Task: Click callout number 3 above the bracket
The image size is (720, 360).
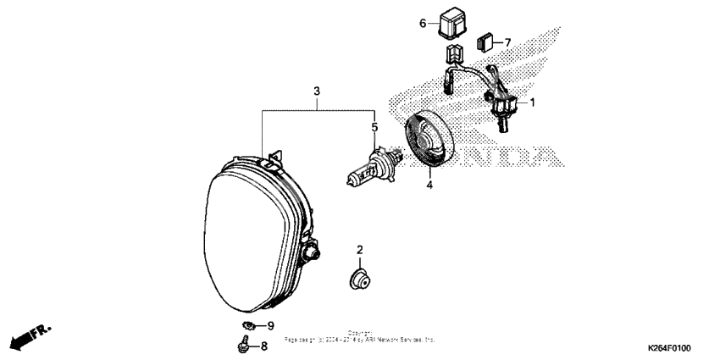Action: click(316, 91)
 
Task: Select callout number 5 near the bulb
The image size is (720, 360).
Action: click(373, 127)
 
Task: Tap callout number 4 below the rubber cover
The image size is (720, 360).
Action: click(429, 184)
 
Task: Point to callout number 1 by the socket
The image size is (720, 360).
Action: click(533, 102)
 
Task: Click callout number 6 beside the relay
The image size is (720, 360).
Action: click(423, 23)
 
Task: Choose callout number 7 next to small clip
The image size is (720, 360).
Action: click(507, 42)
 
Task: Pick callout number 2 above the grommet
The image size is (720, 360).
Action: click(359, 250)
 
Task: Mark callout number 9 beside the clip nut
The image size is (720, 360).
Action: click(270, 325)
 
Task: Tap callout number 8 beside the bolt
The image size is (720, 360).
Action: click(263, 346)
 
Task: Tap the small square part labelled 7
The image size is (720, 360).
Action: click(485, 40)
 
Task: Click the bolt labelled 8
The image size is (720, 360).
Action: click(242, 344)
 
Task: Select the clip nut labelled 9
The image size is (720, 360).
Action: click(247, 325)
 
